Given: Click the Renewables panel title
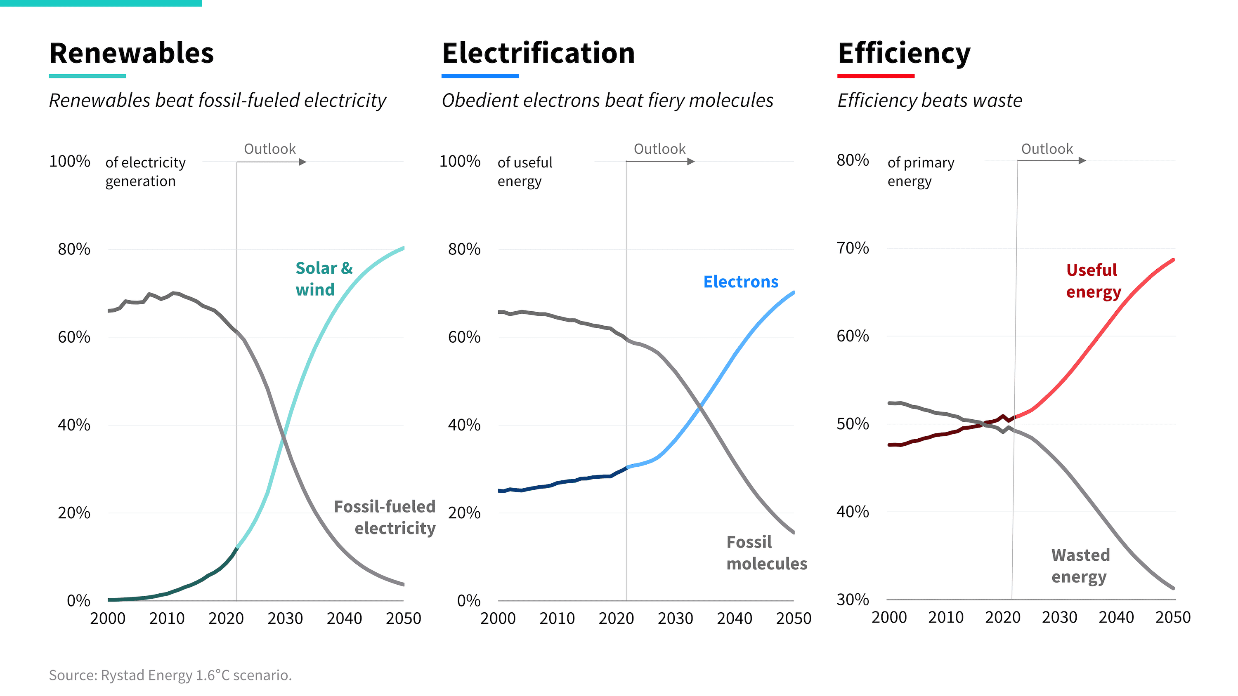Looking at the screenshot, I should [x=131, y=53].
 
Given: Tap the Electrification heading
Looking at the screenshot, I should [x=538, y=53].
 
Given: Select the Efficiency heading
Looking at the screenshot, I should [x=904, y=54].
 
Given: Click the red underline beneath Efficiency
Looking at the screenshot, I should [x=876, y=76].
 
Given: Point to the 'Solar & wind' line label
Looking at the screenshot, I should [x=324, y=279].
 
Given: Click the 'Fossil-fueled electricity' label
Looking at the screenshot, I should [x=385, y=517].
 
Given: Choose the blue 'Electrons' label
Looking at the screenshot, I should [x=741, y=282].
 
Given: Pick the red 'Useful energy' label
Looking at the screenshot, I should [x=1093, y=281].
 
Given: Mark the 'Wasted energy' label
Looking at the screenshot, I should [x=1080, y=566].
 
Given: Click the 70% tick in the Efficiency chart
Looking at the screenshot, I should [x=853, y=248].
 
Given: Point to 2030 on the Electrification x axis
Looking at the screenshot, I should [x=675, y=618].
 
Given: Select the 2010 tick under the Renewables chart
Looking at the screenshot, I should [x=167, y=618].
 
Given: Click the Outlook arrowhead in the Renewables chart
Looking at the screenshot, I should [x=303, y=162].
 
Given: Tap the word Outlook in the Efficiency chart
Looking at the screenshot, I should [x=1047, y=149].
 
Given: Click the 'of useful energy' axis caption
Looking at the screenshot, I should [x=525, y=172].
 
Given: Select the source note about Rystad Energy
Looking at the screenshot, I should [x=170, y=675].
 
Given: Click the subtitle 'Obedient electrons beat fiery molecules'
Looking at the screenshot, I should [x=607, y=100].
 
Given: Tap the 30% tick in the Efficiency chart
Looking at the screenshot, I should [x=853, y=600].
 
